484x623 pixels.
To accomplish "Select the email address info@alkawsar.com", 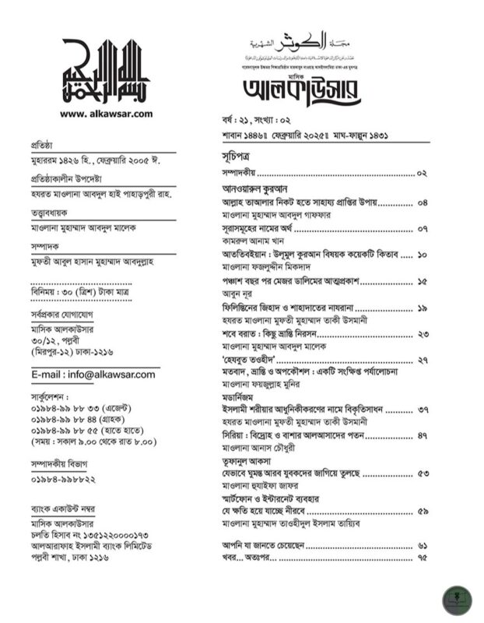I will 93,375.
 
